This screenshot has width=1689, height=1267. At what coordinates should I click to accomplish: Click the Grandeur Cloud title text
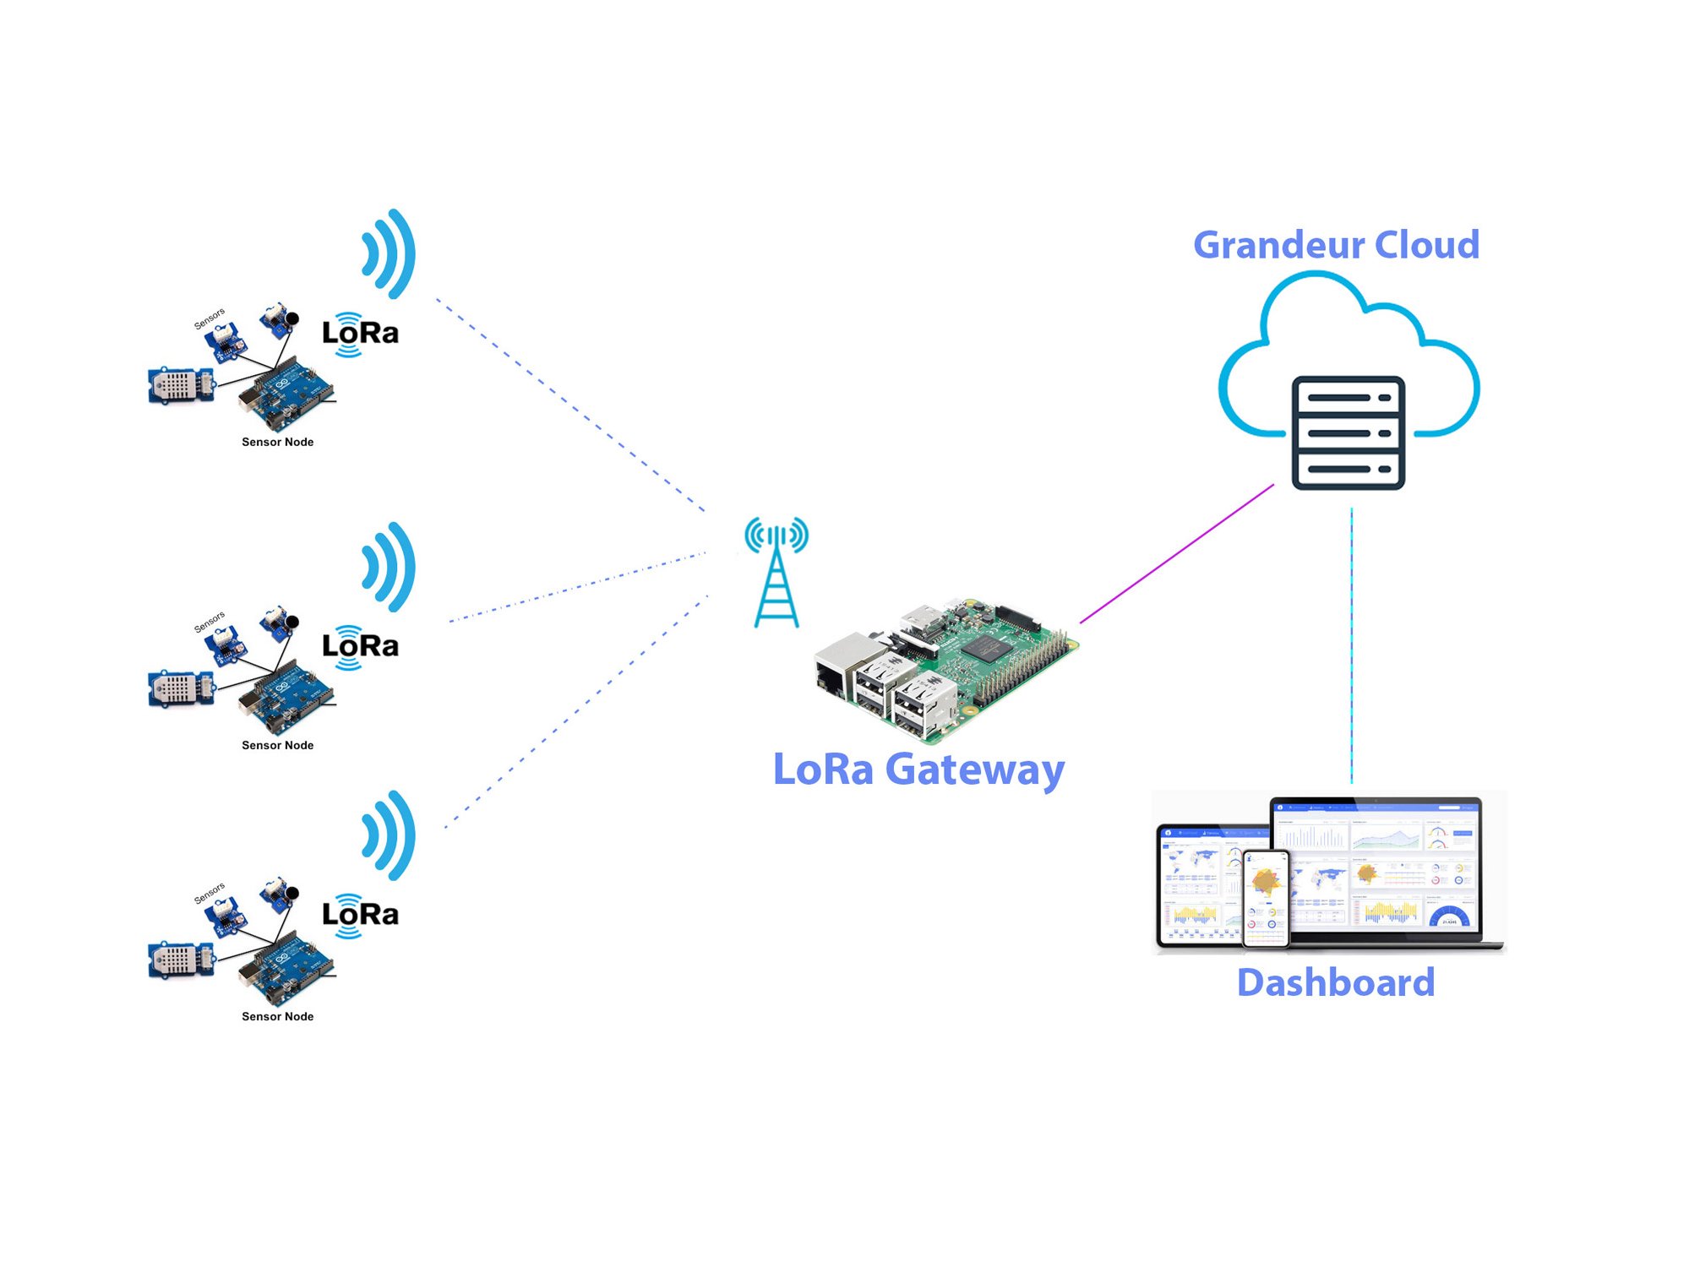pos(1336,245)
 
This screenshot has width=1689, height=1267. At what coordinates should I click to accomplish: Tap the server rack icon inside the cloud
pos(1348,432)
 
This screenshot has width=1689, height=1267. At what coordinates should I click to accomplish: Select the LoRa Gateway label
pos(918,769)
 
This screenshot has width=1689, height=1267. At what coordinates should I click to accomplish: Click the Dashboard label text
pos(1336,983)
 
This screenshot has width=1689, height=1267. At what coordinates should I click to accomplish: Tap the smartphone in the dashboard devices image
pos(1267,898)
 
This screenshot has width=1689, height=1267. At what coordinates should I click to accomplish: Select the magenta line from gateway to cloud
pos(1177,554)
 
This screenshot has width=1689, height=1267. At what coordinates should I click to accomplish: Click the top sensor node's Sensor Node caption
pos(277,442)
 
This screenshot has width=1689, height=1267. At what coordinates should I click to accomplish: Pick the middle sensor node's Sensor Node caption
pos(277,745)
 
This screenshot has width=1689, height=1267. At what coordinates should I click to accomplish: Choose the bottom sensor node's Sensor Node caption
pos(277,1016)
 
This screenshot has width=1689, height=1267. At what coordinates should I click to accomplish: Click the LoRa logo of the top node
pos(360,334)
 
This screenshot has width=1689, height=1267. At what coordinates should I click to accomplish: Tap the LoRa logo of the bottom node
pos(360,915)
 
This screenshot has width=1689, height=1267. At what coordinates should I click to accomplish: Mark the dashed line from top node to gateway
pos(570,405)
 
